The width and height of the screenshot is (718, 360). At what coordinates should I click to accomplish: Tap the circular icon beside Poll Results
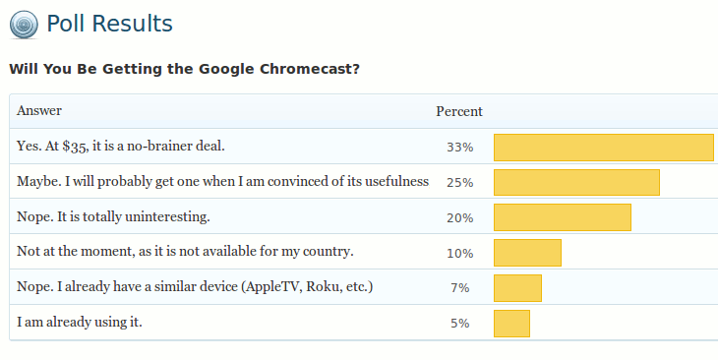[25, 25]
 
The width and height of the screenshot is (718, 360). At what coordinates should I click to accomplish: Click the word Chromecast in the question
[317, 70]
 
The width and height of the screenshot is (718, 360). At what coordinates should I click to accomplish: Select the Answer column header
[39, 111]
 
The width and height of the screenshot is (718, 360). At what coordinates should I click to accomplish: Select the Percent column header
[459, 111]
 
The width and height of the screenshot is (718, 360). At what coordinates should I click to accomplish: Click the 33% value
[459, 148]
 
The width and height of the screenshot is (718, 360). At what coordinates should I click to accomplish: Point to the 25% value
[459, 183]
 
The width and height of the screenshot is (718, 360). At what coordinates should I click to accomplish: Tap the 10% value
[459, 253]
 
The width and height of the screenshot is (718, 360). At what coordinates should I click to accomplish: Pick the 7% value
[459, 288]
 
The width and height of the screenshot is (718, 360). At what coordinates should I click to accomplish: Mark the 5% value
[459, 324]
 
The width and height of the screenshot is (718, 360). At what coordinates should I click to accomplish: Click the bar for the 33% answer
[603, 148]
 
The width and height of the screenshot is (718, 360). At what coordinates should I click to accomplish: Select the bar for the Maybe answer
[576, 183]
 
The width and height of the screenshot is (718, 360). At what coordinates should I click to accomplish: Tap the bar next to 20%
[562, 217]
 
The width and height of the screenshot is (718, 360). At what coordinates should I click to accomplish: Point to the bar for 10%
[527, 253]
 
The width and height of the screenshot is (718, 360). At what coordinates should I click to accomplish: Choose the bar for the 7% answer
[517, 288]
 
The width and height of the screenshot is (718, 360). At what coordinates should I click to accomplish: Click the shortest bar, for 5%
[511, 324]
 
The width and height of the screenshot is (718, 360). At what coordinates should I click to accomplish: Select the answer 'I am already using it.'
[80, 322]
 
